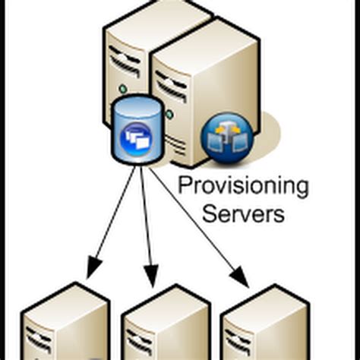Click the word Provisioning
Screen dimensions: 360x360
click(243, 187)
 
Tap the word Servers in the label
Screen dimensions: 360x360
click(243, 213)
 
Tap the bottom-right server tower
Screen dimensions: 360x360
click(266, 327)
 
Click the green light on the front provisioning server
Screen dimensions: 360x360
click(169, 115)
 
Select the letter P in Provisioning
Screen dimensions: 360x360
click(182, 187)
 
